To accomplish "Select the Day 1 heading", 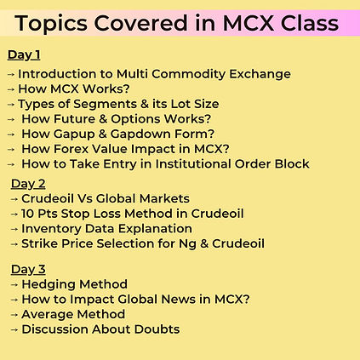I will (x=24, y=55).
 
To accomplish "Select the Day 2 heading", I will (x=28, y=183).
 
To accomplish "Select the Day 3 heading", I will (x=28, y=270).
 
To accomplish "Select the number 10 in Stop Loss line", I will (x=29, y=214).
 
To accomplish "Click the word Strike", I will (x=41, y=243).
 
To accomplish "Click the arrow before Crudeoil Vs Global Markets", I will (x=15, y=198).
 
